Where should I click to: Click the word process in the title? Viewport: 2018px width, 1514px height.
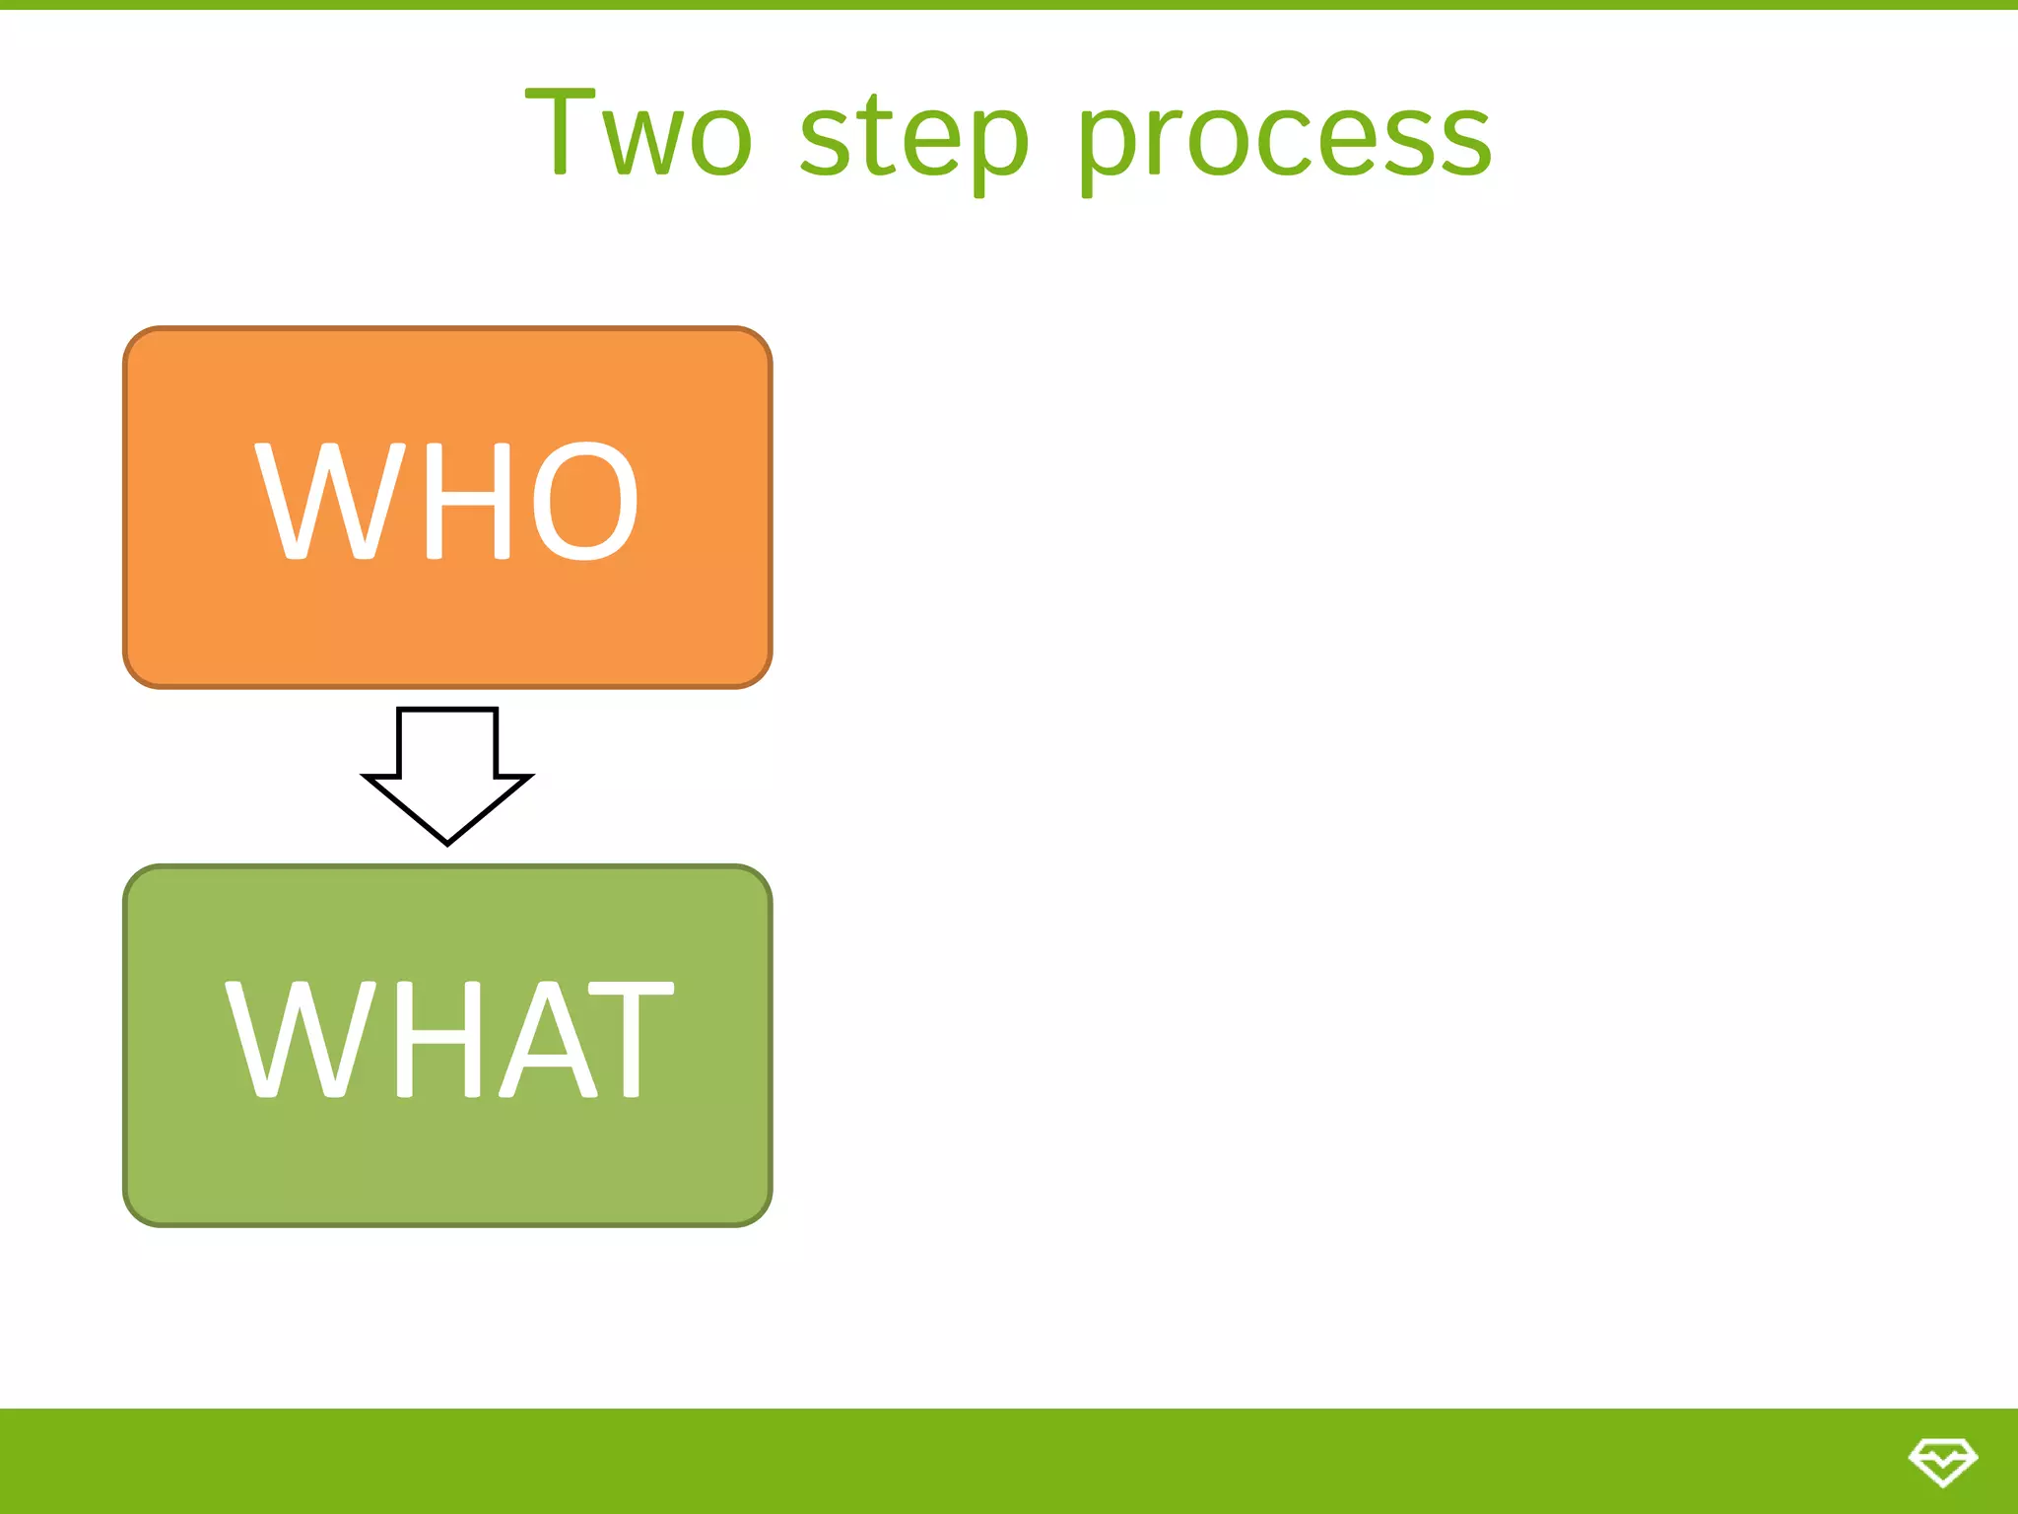(x=1284, y=138)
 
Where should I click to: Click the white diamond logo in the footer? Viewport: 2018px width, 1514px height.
(x=1942, y=1461)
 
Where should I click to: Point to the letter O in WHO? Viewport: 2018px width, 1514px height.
(x=585, y=501)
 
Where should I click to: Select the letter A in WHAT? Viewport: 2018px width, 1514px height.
(x=548, y=1039)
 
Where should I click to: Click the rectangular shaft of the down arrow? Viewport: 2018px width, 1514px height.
(x=447, y=741)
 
